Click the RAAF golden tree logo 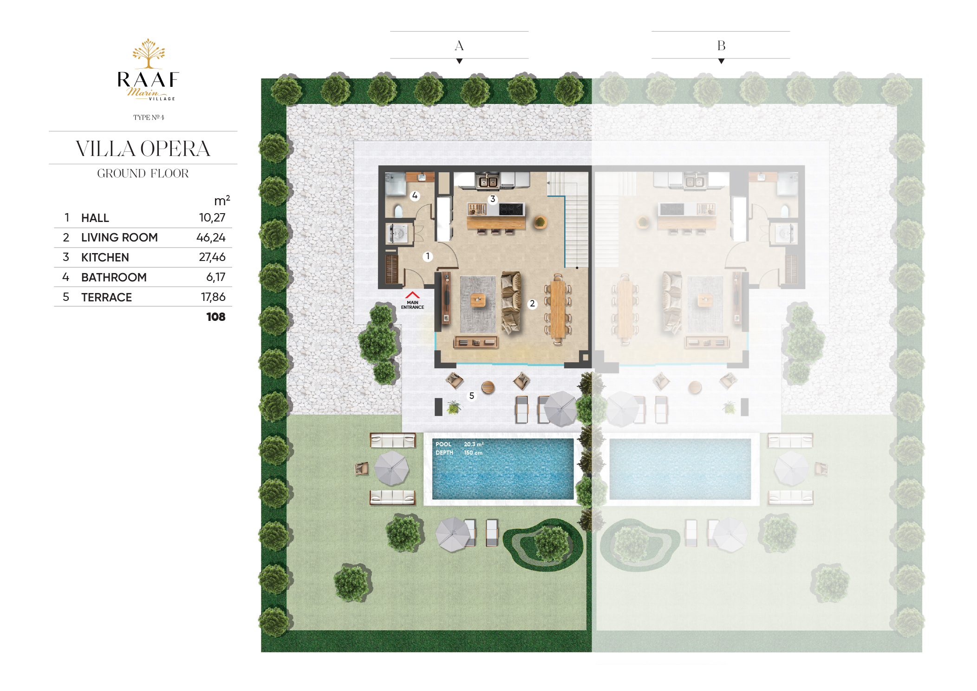[149, 53]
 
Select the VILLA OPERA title [143, 149]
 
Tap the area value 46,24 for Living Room [211, 238]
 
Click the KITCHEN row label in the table [105, 257]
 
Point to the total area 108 [216, 317]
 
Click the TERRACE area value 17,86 [213, 297]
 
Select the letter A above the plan [459, 46]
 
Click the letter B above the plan [721, 46]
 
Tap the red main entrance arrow [412, 295]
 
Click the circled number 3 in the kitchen [493, 199]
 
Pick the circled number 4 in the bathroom [415, 196]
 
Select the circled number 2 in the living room [532, 304]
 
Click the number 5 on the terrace [471, 396]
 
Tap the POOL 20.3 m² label [460, 444]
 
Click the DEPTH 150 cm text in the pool [459, 453]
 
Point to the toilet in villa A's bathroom [398, 211]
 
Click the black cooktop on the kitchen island [511, 209]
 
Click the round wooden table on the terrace [488, 387]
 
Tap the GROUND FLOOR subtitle [143, 173]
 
